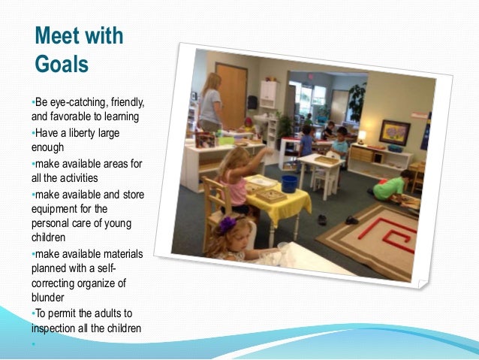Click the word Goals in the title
[x=62, y=62]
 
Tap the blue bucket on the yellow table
[x=289, y=183]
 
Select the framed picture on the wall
[x=394, y=132]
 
